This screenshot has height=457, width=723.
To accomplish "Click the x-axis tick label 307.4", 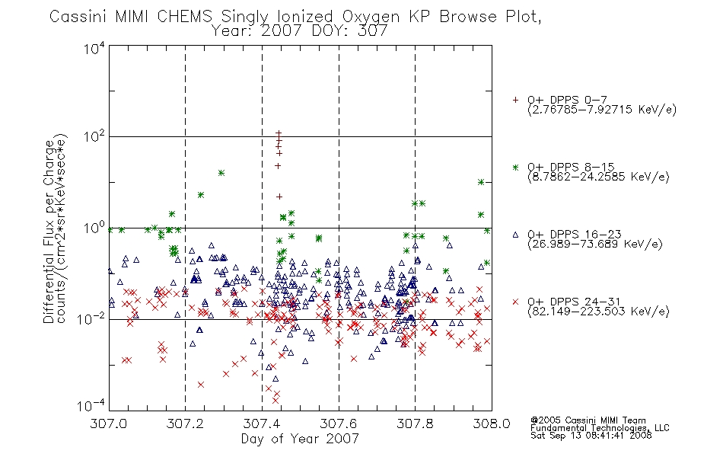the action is pos(262,423).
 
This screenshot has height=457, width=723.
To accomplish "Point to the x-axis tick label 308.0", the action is pos(492,423).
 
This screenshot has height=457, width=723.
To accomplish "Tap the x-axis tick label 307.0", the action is pos(108,423).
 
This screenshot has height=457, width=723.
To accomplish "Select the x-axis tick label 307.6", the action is pos(338,423).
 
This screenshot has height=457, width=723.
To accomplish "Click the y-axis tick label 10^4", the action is pos(94,48).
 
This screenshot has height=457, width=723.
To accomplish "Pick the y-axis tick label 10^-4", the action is pos(91,405).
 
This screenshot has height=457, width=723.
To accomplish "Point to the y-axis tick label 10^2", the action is pos(94,136).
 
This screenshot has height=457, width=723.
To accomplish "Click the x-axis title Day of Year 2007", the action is pos(300,439).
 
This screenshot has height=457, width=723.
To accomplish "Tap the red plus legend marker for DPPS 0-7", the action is pos(515,100).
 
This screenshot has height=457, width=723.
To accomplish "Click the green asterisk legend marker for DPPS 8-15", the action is pos(515,167).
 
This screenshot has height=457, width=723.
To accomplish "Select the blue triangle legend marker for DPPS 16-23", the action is pos(515,235).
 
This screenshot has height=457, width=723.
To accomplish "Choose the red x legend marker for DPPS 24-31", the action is pos(515,302).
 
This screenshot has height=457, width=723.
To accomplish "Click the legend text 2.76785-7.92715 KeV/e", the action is pos(602,110).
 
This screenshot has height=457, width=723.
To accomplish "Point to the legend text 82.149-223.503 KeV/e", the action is pos(598,312).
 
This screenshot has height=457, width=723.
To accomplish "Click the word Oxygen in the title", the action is pos(371,17).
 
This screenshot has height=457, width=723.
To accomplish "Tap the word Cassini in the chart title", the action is pos(78,17).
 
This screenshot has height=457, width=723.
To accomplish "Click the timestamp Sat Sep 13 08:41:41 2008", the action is pos(591,436).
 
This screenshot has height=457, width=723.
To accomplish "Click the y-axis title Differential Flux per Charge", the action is pos(49,232).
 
